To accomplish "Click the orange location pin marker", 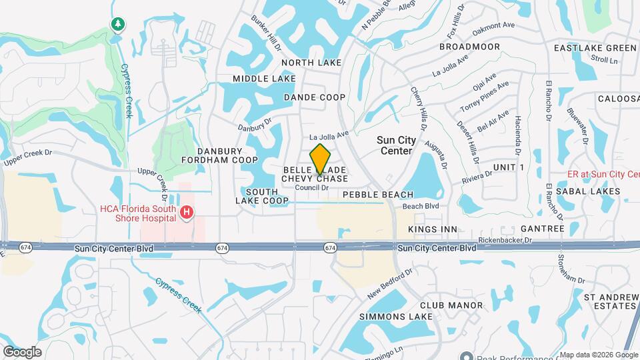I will (x=321, y=159).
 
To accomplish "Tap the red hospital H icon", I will (x=187, y=213).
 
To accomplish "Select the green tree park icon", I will (x=119, y=25).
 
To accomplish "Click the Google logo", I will (x=22, y=351).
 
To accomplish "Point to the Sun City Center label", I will (x=397, y=145).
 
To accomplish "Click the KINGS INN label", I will (x=433, y=229).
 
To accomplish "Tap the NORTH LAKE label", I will (x=311, y=63).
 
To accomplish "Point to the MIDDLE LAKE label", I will (x=264, y=79).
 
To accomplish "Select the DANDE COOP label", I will (x=315, y=97).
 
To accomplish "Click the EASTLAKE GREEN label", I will (x=595, y=48).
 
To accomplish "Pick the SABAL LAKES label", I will (x=593, y=191).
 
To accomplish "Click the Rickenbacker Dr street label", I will (x=506, y=239).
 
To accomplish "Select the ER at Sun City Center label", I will (x=603, y=174).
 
